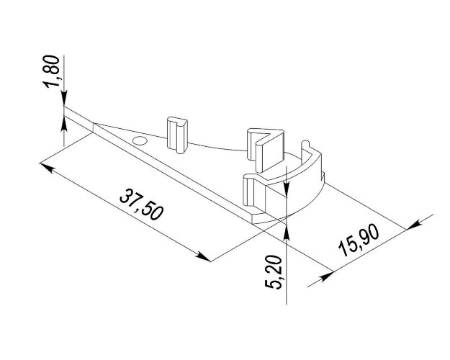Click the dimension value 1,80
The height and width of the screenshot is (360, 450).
[x=52, y=71]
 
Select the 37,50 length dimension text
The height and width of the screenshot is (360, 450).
[x=141, y=204]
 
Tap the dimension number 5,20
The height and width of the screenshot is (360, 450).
[x=274, y=272]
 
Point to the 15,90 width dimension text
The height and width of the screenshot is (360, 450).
[x=359, y=240]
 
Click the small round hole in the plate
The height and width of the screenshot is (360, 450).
[x=140, y=140]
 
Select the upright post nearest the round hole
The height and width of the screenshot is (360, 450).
[x=177, y=135]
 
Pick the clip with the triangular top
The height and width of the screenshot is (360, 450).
[x=266, y=150]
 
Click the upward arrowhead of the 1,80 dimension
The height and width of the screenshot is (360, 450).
[x=63, y=123]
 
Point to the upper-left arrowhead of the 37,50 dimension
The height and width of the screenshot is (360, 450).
[x=46, y=168]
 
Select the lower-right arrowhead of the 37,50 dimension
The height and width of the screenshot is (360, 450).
[x=203, y=256]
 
